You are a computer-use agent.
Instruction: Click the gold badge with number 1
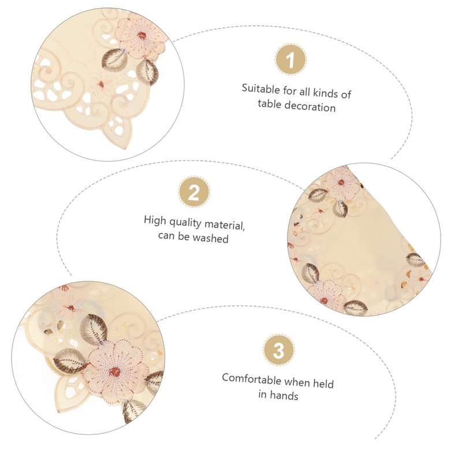click(x=291, y=59)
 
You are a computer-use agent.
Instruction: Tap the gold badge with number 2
click(x=194, y=192)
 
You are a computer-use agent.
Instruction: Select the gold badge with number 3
click(x=278, y=350)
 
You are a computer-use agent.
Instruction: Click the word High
click(x=154, y=221)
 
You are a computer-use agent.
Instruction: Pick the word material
click(x=224, y=225)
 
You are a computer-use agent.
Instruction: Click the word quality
click(x=185, y=223)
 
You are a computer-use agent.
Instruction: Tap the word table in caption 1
click(x=269, y=104)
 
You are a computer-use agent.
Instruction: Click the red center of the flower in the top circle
click(x=142, y=36)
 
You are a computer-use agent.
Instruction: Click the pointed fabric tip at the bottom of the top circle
click(x=125, y=148)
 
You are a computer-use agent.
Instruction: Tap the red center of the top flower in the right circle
click(x=341, y=182)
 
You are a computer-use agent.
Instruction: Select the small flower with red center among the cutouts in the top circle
click(x=101, y=84)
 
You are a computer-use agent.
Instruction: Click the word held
click(x=323, y=383)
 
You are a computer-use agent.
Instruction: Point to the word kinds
click(x=325, y=92)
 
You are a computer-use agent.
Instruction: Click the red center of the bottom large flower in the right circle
click(x=324, y=301)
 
